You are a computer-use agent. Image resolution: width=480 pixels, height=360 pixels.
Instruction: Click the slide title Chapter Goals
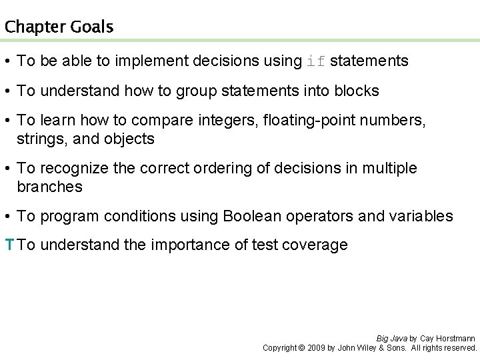coord(59,27)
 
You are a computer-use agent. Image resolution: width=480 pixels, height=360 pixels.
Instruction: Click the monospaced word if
coord(315,61)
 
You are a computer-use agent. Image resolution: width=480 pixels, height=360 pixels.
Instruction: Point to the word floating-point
coord(305,120)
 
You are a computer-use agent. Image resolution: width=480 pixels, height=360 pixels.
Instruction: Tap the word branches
coord(50,187)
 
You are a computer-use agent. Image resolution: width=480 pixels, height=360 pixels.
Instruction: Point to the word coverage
coord(317,245)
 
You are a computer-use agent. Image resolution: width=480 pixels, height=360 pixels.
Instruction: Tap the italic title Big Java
coord(391,339)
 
